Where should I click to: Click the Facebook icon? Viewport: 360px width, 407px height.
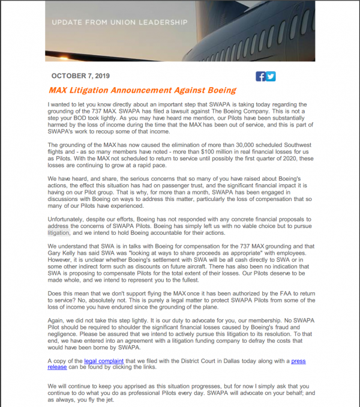click(x=260, y=76)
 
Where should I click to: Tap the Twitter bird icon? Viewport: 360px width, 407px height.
click(x=271, y=76)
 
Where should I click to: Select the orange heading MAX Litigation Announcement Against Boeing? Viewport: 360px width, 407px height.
click(x=142, y=91)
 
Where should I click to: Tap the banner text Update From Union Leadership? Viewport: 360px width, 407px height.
click(x=120, y=23)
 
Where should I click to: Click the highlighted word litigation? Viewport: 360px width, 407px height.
click(x=58, y=232)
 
